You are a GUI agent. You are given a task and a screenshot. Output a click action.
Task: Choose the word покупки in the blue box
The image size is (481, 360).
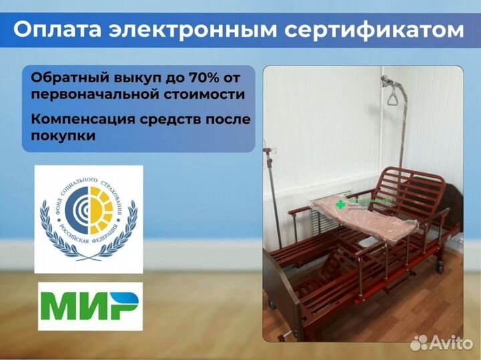62,136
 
